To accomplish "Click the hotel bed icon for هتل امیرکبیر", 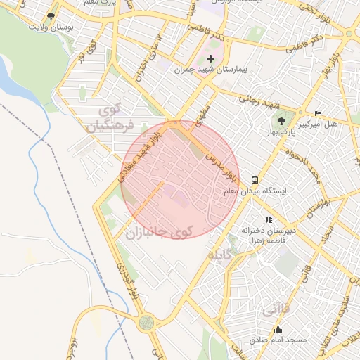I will tap(318, 113).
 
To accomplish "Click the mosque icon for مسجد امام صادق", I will tap(278, 329).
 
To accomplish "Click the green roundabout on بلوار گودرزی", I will tap(146, 322).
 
